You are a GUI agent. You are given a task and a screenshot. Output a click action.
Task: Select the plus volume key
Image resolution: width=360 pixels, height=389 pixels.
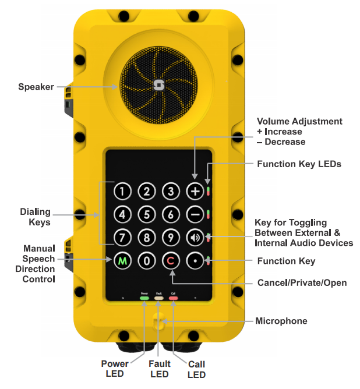(195, 191)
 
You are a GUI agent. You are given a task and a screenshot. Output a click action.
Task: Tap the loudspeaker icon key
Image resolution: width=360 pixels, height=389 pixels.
(195, 238)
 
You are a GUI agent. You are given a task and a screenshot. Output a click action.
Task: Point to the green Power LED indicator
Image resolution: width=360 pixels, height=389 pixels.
(144, 298)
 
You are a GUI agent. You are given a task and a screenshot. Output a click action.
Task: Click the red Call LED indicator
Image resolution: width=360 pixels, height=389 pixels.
(173, 298)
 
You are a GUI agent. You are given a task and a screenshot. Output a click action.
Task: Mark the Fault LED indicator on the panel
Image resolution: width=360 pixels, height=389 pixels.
(158, 298)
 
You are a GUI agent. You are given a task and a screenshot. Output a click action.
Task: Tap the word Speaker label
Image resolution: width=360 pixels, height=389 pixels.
(36, 87)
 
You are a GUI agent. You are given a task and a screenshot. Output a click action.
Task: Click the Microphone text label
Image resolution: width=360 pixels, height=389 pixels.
(281, 321)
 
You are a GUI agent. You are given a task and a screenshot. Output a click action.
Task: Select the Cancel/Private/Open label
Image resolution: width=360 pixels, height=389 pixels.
(302, 283)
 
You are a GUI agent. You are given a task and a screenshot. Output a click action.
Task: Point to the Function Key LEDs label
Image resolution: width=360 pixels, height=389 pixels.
(299, 164)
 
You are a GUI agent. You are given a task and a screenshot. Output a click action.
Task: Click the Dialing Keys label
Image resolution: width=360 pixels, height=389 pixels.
(36, 217)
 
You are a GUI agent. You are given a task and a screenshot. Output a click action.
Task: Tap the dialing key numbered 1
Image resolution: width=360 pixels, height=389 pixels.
(122, 191)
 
